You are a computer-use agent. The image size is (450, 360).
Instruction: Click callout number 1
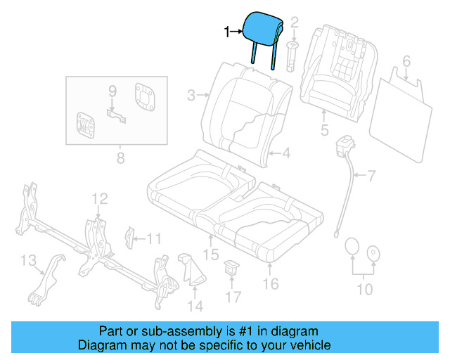point(226,32)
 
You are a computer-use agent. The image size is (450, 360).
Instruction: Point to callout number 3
point(191,94)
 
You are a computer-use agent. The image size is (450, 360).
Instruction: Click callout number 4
point(286,151)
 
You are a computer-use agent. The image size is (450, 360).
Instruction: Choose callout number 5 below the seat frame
point(324,129)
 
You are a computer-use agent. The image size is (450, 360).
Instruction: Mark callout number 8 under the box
point(120,158)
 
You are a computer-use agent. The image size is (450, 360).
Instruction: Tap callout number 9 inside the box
point(112,92)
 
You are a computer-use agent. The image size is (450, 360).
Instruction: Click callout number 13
point(28,262)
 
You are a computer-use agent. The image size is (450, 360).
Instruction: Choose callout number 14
point(195,305)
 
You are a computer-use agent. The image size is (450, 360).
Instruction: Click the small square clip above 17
point(231,267)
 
